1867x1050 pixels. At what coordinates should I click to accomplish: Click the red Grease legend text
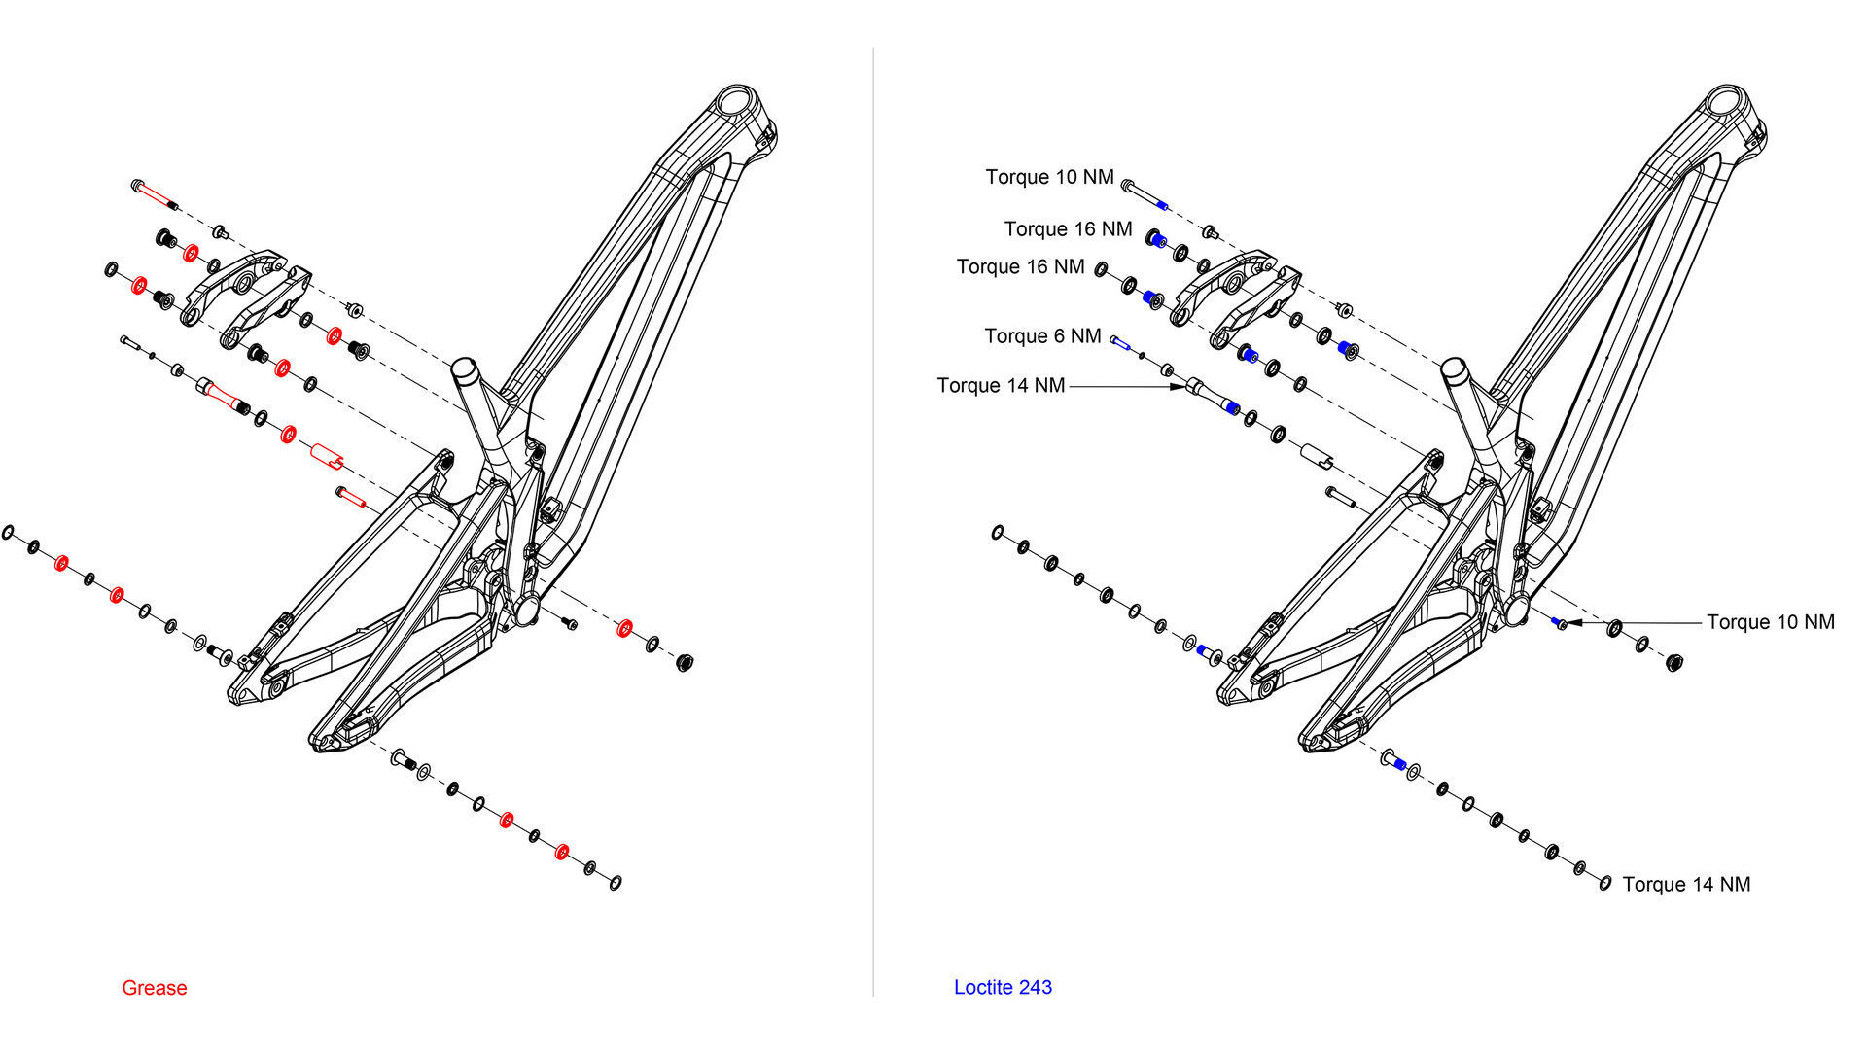pyautogui.click(x=154, y=988)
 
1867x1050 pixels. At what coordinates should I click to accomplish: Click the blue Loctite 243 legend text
pyautogui.click(x=1003, y=987)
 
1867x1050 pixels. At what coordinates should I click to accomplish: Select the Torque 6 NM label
pyautogui.click(x=1042, y=336)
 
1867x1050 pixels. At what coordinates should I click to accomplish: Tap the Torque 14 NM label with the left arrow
pyautogui.click(x=1001, y=386)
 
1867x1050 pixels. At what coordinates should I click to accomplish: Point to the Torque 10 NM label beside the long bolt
pyautogui.click(x=1049, y=177)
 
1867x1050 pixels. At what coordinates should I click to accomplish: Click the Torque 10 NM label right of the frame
pyautogui.click(x=1770, y=622)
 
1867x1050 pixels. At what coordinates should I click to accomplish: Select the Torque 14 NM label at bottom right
pyautogui.click(x=1686, y=885)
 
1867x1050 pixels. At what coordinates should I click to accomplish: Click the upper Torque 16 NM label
pyautogui.click(x=1068, y=229)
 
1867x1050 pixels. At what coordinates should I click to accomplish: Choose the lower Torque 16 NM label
pyautogui.click(x=1020, y=267)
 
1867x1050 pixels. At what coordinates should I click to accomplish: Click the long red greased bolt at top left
pyautogui.click(x=154, y=193)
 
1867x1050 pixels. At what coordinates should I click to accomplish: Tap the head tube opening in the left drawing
pyautogui.click(x=736, y=101)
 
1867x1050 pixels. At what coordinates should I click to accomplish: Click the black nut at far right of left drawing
pyautogui.click(x=684, y=664)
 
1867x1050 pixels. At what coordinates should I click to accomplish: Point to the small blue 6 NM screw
pyautogui.click(x=1119, y=341)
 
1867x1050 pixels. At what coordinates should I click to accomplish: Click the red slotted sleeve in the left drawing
pyautogui.click(x=328, y=454)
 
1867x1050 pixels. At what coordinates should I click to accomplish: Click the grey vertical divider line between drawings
pyautogui.click(x=873, y=525)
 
